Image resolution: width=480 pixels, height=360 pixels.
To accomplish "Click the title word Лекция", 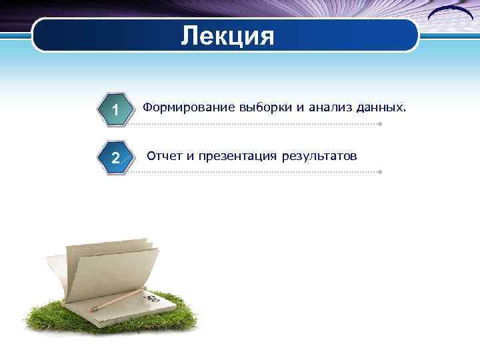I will (227, 35).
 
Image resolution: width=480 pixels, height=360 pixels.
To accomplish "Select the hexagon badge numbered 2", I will (115, 158).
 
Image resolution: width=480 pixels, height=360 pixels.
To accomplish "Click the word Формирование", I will (181, 107).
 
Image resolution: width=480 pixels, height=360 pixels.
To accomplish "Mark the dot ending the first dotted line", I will (379, 124).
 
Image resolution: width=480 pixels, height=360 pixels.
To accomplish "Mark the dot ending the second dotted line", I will (379, 172).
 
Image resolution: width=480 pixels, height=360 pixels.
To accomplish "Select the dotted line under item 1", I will (253, 124).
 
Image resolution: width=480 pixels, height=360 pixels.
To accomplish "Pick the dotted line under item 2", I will (253, 172).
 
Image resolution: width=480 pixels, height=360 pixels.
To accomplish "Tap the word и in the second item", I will (190, 157).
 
